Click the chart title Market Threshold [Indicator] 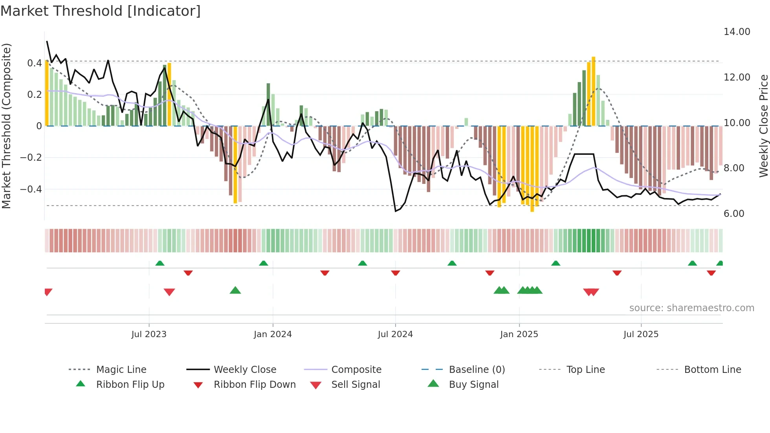click(101, 11)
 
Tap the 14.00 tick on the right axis click(737, 32)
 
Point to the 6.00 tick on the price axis click(734, 214)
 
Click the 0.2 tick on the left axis click(34, 95)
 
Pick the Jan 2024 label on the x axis click(273, 334)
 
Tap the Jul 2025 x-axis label click(641, 334)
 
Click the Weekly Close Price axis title click(763, 126)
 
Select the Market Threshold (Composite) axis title click(6, 126)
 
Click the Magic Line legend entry click(121, 370)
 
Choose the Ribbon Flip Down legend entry click(255, 385)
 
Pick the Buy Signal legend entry click(473, 385)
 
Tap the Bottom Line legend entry click(712, 370)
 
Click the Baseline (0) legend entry click(477, 370)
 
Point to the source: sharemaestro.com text click(691, 308)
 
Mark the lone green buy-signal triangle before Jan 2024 click(235, 291)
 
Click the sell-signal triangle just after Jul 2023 click(169, 292)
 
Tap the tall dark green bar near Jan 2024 click(268, 105)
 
